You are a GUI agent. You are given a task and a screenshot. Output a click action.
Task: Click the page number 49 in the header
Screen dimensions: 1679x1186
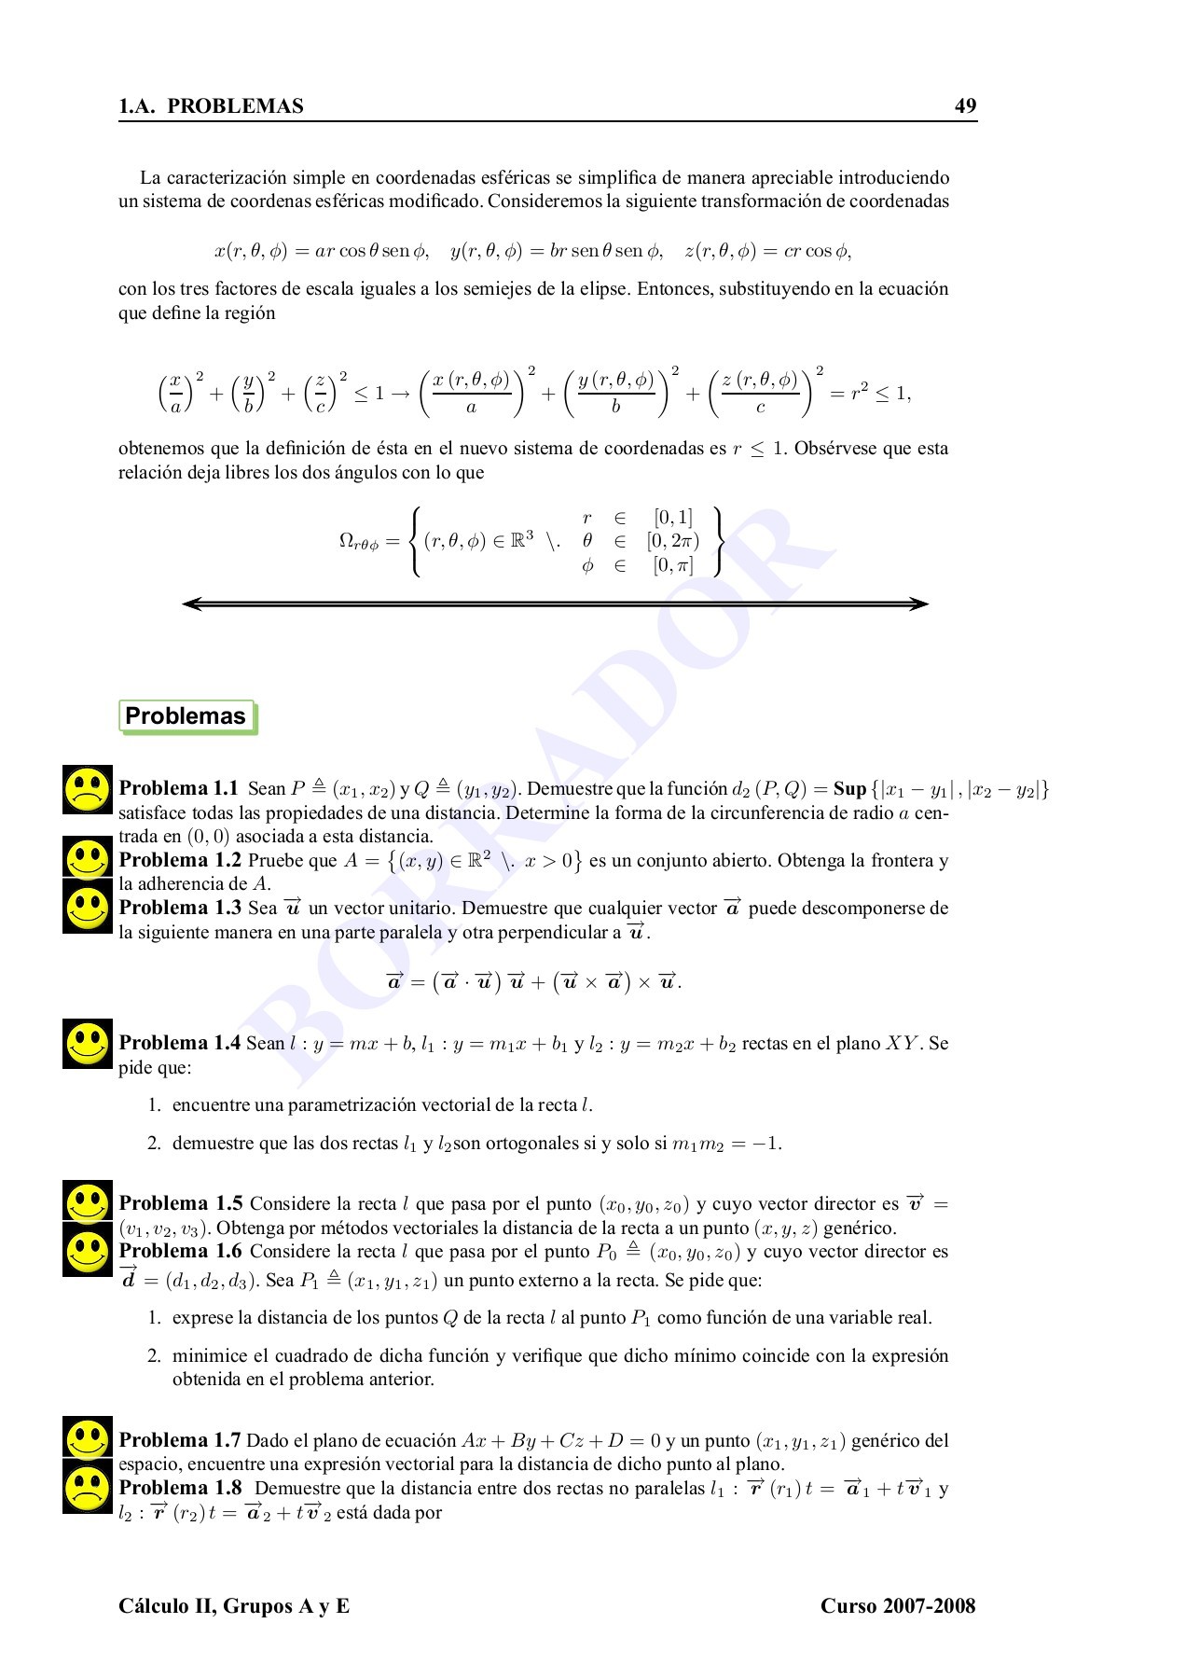click(x=965, y=105)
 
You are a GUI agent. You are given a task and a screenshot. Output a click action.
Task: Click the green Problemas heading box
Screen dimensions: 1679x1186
click(x=186, y=716)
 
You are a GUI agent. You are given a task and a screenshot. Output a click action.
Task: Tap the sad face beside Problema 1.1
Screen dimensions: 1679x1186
click(x=88, y=790)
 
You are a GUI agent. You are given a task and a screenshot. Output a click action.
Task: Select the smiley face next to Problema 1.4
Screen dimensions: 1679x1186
click(x=88, y=1044)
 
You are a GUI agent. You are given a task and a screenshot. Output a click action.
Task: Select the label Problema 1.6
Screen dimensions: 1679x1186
click(x=180, y=1251)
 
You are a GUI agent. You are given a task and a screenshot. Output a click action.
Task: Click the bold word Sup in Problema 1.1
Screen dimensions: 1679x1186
click(x=849, y=789)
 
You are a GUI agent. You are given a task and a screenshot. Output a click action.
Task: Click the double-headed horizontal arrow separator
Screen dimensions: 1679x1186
click(x=556, y=604)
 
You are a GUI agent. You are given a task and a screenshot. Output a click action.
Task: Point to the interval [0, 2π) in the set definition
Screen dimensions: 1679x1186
click(x=672, y=541)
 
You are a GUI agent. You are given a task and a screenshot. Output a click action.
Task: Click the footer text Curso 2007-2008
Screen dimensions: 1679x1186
click(x=897, y=1605)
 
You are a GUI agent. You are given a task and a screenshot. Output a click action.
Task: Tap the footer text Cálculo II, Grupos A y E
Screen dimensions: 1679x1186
click(x=234, y=1605)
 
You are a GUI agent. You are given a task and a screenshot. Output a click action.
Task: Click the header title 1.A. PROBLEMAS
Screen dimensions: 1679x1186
click(x=212, y=106)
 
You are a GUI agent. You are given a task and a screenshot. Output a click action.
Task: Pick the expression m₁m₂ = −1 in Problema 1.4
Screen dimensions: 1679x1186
click(x=726, y=1144)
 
